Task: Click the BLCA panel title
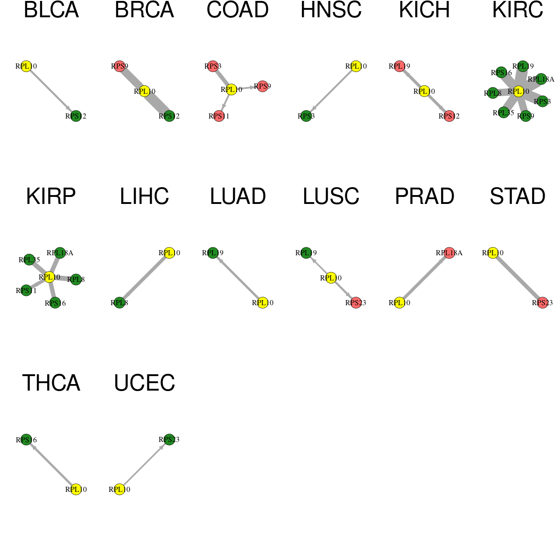pos(51,10)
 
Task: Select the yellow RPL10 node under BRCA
pos(144,91)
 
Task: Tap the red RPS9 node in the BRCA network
pos(119,66)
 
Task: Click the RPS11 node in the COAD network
pos(219,116)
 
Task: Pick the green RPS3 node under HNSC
pos(306,116)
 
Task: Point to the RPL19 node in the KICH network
pos(399,66)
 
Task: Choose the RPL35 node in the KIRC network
pos(504,112)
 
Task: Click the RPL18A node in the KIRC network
pos(541,79)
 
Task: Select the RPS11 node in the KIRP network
pos(26,290)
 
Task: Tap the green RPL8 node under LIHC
pos(119,302)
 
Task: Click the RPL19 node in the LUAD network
pos(213,253)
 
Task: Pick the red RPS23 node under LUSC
pos(356,302)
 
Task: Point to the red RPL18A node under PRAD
pos(449,253)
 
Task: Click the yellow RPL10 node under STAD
pos(493,253)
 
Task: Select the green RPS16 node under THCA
pos(26,440)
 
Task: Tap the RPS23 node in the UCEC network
pos(169,439)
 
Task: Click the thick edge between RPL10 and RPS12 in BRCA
pos(157,104)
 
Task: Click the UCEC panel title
pos(144,383)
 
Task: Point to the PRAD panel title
pos(425,196)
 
